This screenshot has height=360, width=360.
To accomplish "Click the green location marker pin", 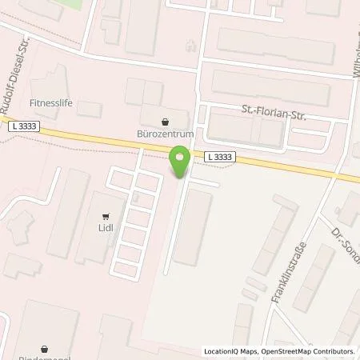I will [180, 162].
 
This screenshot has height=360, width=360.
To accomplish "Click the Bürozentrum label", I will [166, 135].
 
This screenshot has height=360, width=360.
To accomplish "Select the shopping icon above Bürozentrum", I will [166, 122].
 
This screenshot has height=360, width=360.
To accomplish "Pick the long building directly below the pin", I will [192, 229].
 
